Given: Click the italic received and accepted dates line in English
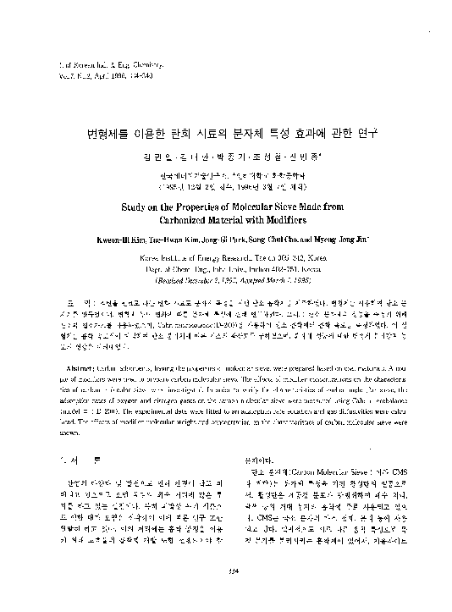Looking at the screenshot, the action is [226, 278].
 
